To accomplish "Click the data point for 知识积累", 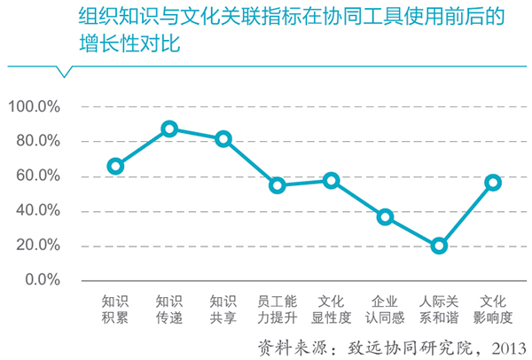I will [x=115, y=166].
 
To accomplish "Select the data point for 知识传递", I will [x=169, y=129].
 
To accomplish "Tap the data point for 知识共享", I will [x=223, y=139].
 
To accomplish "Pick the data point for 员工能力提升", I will [x=278, y=185].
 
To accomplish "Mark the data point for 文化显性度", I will [x=332, y=181].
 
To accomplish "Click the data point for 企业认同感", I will [x=385, y=217].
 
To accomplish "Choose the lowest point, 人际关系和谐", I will [x=439, y=246].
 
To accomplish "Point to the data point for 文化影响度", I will [x=493, y=183].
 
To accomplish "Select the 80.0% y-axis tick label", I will [x=36, y=141].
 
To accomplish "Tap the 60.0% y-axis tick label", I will [x=36, y=176].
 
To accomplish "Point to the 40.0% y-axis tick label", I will [x=36, y=210].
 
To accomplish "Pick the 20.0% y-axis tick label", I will [x=36, y=246].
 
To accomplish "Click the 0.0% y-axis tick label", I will [x=40, y=280].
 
